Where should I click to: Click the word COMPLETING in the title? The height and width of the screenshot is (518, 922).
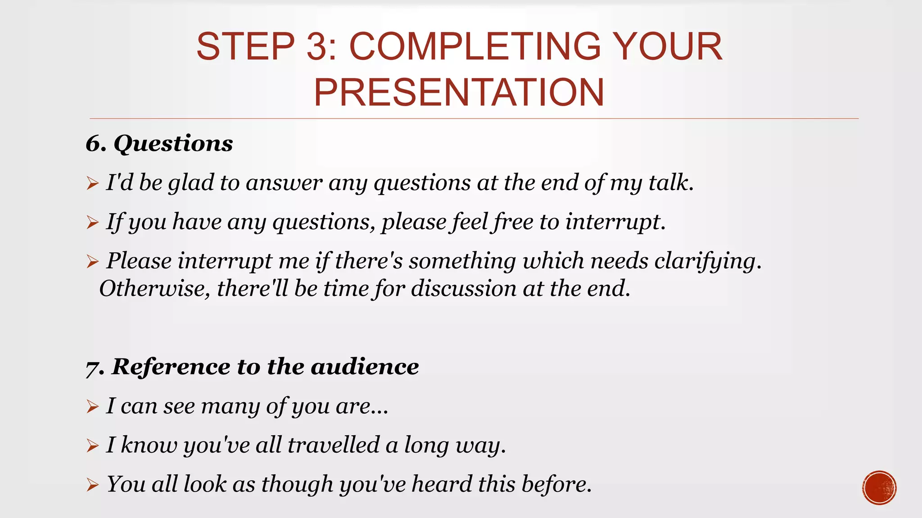click(475, 46)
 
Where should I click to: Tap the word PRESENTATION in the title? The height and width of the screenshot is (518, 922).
click(459, 92)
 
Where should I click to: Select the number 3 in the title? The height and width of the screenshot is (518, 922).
click(318, 46)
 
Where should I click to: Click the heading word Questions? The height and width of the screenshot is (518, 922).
click(173, 143)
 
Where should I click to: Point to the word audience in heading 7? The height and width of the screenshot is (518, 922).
click(365, 366)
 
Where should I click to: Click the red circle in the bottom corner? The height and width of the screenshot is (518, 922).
click(879, 487)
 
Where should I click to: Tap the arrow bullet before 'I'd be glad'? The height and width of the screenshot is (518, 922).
click(92, 183)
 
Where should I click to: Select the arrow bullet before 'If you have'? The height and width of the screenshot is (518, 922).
click(92, 222)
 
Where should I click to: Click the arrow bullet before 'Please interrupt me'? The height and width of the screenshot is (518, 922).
click(92, 261)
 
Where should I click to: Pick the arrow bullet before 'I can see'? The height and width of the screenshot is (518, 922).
click(92, 406)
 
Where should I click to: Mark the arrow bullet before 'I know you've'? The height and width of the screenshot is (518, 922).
click(92, 446)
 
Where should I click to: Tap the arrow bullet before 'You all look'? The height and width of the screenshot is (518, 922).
click(92, 485)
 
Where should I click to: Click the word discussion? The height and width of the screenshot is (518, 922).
click(464, 289)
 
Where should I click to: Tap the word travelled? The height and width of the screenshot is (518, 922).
click(334, 445)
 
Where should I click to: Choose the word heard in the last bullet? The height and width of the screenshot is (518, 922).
click(441, 484)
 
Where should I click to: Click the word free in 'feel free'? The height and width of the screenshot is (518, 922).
click(513, 222)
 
